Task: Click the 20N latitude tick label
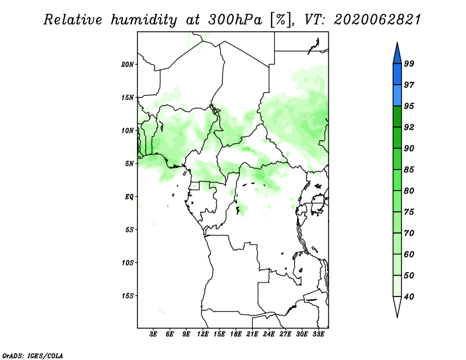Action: point(128,65)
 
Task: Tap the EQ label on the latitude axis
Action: point(129,197)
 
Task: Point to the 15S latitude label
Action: point(128,296)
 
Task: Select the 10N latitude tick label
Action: point(128,130)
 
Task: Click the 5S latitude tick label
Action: point(129,230)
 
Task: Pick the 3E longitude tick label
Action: point(153,334)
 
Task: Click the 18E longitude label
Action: point(236,334)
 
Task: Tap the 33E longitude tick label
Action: point(318,334)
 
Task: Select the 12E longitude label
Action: point(203,334)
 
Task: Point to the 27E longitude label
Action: point(285,334)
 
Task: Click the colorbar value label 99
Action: point(409,63)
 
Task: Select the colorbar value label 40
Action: point(409,297)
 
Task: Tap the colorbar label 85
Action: point(409,170)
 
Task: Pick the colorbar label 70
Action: point(409,233)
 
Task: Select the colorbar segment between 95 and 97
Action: point(397,96)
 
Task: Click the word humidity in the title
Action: point(144,20)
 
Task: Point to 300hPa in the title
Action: point(235,19)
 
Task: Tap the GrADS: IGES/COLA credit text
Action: point(33,355)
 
